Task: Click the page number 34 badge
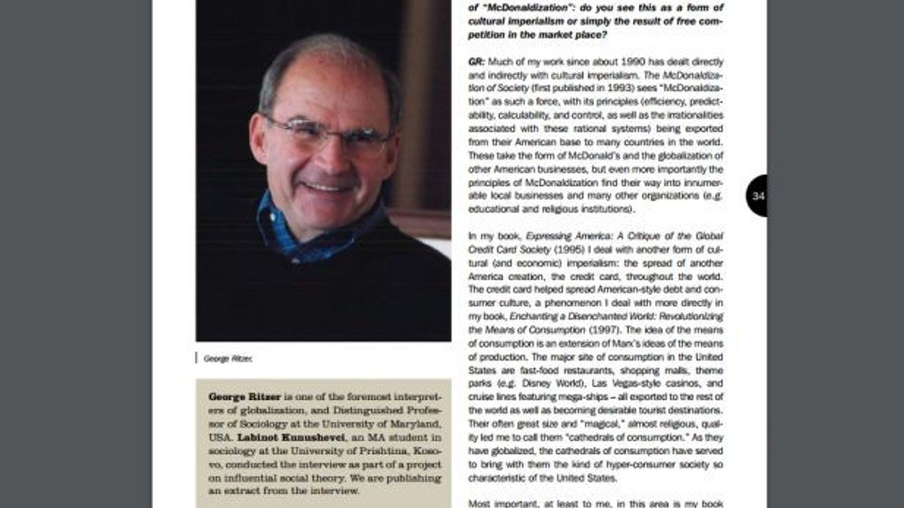coord(757,196)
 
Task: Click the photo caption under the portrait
coord(228,358)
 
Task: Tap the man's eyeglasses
coord(327,134)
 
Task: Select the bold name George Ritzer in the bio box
coord(244,397)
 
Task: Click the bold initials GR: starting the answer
coord(476,62)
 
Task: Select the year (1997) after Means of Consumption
coord(602,330)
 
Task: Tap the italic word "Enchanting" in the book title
coord(533,316)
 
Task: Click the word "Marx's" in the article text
coord(616,343)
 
